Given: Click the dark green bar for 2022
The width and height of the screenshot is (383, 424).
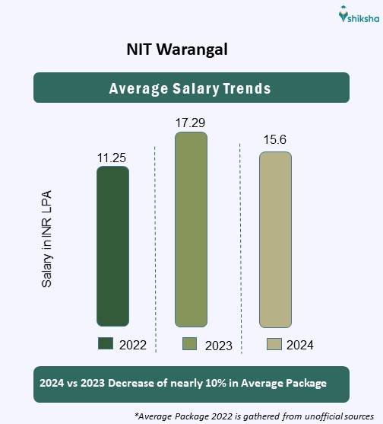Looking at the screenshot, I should click(x=112, y=247).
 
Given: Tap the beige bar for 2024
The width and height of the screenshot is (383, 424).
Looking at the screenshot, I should click(x=275, y=239).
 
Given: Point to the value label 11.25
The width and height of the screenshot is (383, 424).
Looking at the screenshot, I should click(x=111, y=158).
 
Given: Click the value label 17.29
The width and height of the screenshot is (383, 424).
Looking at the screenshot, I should click(x=190, y=122).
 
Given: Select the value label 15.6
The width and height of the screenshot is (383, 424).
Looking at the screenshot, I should click(x=275, y=142).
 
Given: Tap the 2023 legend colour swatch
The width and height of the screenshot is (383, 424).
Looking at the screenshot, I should click(x=191, y=344).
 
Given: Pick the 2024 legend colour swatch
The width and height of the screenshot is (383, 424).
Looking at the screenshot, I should click(x=274, y=344).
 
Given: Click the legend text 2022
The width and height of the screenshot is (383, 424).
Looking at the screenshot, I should click(x=133, y=345).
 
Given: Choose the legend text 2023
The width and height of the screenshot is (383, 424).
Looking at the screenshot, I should click(x=218, y=346).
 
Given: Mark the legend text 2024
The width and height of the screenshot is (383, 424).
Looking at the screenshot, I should click(x=300, y=345).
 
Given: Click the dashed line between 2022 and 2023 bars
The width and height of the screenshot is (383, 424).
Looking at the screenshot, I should click(x=155, y=244).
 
